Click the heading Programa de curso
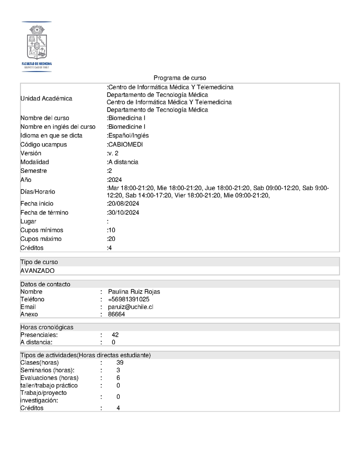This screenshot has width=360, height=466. click(x=180, y=78)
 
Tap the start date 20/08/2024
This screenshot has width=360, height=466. click(x=123, y=204)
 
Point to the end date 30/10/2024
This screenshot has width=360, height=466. click(x=123, y=213)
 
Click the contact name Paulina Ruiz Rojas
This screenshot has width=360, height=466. click(x=134, y=292)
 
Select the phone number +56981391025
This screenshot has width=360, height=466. click(x=129, y=299)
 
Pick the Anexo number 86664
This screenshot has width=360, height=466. click(x=117, y=315)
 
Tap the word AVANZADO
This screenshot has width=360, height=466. click(x=37, y=271)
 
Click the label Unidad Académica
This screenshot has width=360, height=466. click(x=46, y=99)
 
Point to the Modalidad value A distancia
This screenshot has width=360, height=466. click(x=123, y=162)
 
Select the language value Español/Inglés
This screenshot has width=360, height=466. click(x=128, y=136)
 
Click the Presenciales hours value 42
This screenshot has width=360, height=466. click(x=115, y=335)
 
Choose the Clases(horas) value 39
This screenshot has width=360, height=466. click(x=120, y=362)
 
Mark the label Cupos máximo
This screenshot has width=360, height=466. click(x=41, y=239)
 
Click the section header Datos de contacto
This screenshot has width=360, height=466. click(x=45, y=284)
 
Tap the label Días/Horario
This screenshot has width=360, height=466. click(x=38, y=192)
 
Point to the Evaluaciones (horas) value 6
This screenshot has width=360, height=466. click(x=118, y=378)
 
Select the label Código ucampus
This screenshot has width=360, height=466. click(x=44, y=145)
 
